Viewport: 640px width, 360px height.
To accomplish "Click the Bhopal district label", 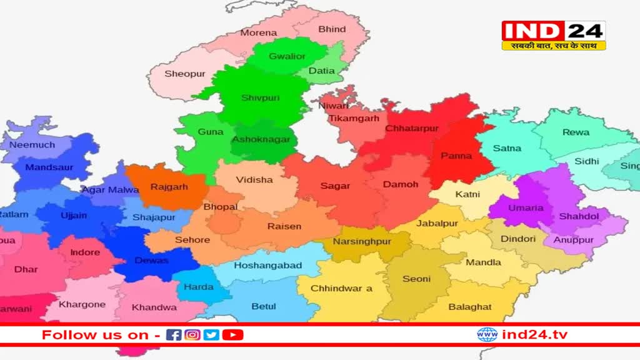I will (221, 207).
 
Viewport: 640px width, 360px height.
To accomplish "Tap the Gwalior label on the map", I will (287, 56).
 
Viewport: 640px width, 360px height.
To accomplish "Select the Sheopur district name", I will (185, 74).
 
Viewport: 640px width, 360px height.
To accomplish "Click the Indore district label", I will (85, 252).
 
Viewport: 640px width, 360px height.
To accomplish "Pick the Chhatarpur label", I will (412, 128).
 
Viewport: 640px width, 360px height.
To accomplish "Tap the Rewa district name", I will (576, 132).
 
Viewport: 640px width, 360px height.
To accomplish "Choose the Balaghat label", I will (470, 307).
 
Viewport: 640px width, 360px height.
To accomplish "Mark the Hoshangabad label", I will (267, 265).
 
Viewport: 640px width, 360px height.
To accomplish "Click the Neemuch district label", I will (32, 144).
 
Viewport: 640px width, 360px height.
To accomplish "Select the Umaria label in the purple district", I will (526, 207).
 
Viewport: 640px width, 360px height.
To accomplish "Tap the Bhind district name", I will (332, 29).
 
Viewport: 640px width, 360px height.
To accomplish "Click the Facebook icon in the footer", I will (174, 335).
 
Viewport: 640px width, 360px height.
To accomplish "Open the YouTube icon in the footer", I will (232, 335).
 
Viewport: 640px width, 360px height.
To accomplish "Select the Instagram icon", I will (193, 335).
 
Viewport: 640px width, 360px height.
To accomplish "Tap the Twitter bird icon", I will (212, 335).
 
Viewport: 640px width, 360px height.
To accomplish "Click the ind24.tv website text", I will (535, 335).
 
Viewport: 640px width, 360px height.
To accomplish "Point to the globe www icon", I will (487, 335).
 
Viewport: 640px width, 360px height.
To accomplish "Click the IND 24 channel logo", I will (553, 36).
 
